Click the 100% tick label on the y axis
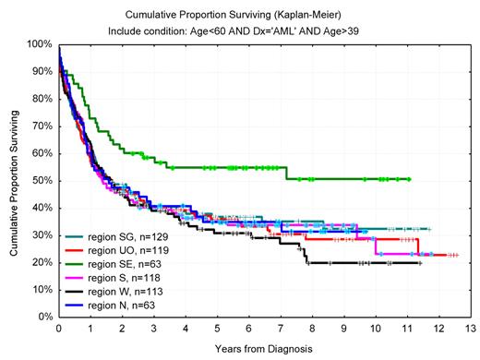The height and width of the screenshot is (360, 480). point(39,44)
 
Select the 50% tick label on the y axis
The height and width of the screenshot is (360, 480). point(42,180)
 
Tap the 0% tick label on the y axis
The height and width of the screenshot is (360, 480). point(44,317)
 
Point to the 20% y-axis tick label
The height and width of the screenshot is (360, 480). point(42,262)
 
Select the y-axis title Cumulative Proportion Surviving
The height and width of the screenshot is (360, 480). point(11,180)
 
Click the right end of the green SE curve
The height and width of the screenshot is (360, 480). point(409,179)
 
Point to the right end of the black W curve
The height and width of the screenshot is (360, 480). point(421,263)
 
